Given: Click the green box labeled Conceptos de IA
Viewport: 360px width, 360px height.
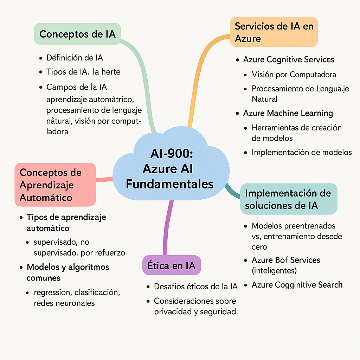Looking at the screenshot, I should point(77,34).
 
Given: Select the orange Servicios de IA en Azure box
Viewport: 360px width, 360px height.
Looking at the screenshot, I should point(274,32).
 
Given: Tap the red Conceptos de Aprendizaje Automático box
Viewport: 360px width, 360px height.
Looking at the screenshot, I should point(55,185).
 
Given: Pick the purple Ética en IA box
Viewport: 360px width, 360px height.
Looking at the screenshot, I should point(171,265).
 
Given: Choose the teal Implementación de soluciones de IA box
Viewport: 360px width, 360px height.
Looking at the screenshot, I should point(288,199).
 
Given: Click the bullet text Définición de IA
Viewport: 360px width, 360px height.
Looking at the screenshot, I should point(75,58).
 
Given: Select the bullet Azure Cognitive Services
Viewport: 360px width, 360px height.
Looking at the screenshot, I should point(289,60).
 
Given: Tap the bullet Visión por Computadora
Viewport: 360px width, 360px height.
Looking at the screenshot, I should point(294,75).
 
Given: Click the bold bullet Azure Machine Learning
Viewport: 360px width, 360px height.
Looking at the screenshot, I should point(288,113).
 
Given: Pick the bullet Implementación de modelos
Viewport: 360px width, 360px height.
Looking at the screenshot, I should point(302,152).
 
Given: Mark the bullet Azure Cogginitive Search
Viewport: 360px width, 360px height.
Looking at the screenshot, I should point(297,285).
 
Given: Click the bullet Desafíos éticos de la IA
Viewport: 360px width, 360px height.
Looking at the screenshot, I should point(196,287).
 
